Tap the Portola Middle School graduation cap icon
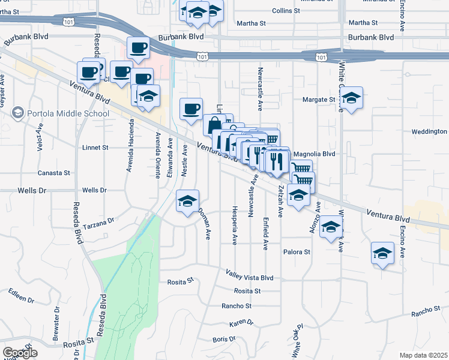18,113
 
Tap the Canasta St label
54,173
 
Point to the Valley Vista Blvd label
250,278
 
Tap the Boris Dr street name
223,340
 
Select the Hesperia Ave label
235,226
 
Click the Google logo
20,353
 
